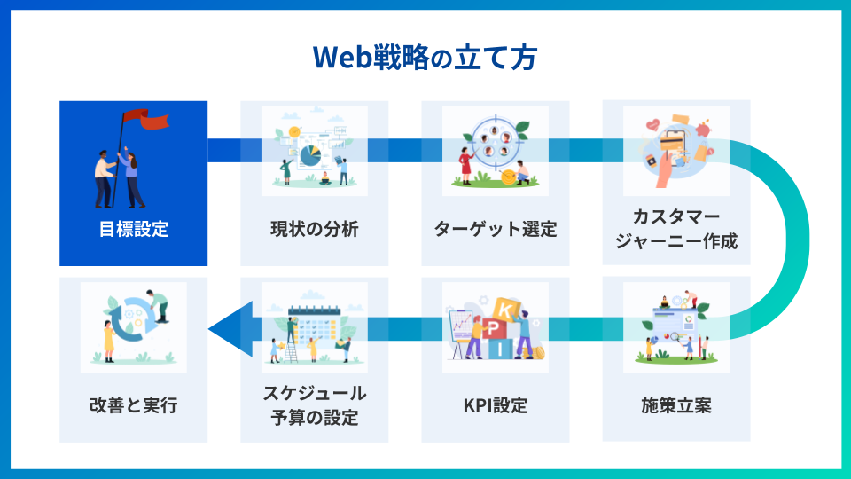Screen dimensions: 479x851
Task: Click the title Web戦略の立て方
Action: [x=425, y=56]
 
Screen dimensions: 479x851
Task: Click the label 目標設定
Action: [x=133, y=230]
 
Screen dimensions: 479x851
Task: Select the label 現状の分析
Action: [x=314, y=230]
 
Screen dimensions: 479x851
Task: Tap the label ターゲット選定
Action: [x=495, y=230]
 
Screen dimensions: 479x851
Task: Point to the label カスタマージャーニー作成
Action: [x=675, y=229]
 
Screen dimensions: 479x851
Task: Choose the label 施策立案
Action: [x=675, y=406]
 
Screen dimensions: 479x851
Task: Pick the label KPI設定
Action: [x=495, y=406]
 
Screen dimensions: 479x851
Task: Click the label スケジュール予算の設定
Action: [x=314, y=405]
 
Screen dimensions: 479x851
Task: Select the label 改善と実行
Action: [x=133, y=406]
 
